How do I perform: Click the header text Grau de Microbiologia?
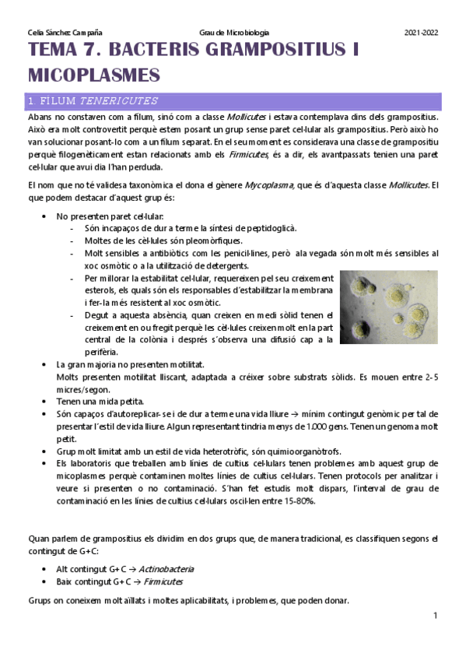tap(234, 33)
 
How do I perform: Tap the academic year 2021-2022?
tap(422, 33)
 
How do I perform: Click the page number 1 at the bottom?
tap(436, 616)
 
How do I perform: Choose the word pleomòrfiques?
tap(205, 240)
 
